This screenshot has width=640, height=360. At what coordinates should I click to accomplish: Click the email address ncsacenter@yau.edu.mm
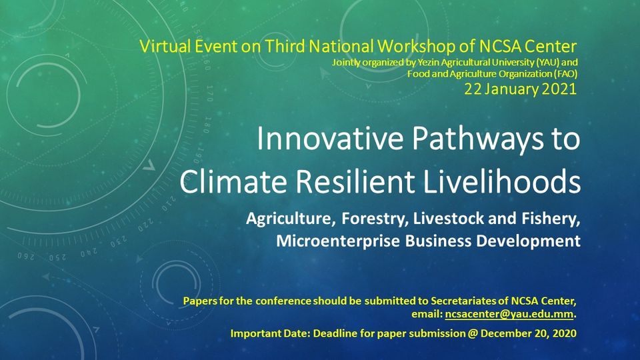point(509,314)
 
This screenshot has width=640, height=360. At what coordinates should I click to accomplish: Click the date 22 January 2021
point(521,89)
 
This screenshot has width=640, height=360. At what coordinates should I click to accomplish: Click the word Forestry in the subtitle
point(375,219)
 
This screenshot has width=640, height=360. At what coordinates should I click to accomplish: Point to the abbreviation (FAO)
point(565,74)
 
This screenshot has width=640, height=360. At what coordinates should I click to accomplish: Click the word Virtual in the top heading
point(165,46)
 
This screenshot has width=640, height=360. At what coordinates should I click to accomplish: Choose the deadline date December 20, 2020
point(529,333)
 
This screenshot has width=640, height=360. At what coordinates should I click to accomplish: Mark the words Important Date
point(271,333)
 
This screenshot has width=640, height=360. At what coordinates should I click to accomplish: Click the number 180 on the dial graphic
point(207,125)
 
